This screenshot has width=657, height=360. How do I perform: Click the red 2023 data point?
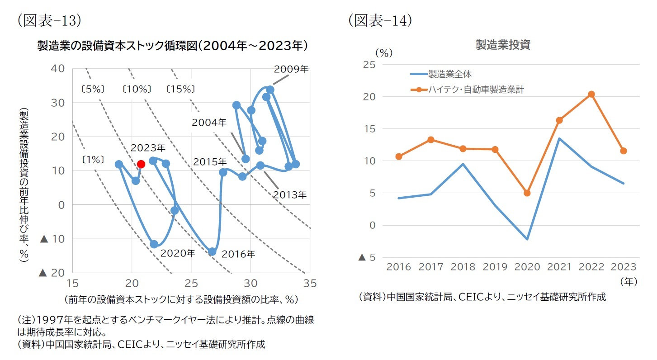pos(141,164)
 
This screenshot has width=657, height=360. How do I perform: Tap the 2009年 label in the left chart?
pos(291,69)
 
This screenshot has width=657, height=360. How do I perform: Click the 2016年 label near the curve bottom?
pos(238,254)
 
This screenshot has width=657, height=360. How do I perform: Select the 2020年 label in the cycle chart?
pos(178,253)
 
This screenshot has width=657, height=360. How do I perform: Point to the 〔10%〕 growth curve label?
pos(137,89)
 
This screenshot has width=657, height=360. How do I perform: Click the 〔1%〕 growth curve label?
pos(94,159)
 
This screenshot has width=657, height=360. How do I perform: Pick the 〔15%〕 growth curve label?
pos(180,89)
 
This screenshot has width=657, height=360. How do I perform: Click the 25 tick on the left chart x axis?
pos(191,284)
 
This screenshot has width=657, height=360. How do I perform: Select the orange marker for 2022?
pos(591,94)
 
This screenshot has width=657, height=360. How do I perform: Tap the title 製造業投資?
pos(503,45)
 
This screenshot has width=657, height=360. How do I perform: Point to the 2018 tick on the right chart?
pos(463,266)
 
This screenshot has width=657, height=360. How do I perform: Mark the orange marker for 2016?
pos(398,156)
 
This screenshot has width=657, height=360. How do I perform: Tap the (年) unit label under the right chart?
pos(629,281)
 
